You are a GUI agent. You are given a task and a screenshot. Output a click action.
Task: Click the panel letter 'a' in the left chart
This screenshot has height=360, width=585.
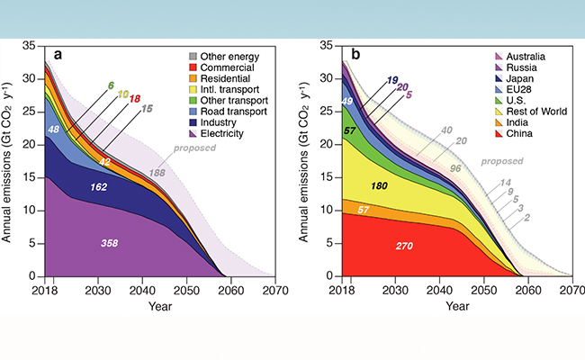(x=58, y=54)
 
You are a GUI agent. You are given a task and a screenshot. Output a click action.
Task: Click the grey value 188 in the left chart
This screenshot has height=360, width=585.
(x=183, y=172)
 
